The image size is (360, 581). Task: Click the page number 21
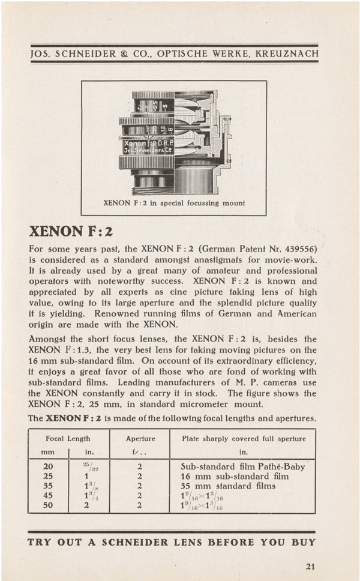pyautogui.click(x=310, y=565)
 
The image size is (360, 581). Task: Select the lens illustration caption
pyautogui.click(x=175, y=203)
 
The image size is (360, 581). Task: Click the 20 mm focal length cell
pyautogui.click(x=48, y=466)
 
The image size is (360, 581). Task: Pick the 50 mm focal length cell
pyautogui.click(x=48, y=505)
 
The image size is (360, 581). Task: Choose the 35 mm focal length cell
pyautogui.click(x=48, y=486)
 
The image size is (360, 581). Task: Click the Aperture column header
pyautogui.click(x=140, y=439)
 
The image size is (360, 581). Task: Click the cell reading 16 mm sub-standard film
pyautogui.click(x=231, y=476)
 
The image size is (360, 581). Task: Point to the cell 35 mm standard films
pyautogui.click(x=228, y=486)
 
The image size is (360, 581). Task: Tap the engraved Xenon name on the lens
pyautogui.click(x=136, y=143)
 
